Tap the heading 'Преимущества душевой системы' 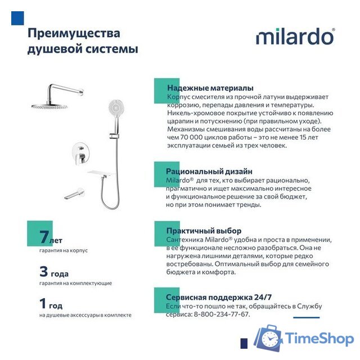(82, 40)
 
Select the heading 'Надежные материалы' (210, 88)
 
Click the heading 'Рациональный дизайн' (209, 171)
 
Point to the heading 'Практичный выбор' (204, 231)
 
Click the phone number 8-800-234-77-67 (221, 314)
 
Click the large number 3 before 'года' (44, 272)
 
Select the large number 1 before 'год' (43, 304)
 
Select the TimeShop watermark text (319, 339)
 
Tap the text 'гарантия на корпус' (64, 250)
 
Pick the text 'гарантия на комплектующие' (75, 283)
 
